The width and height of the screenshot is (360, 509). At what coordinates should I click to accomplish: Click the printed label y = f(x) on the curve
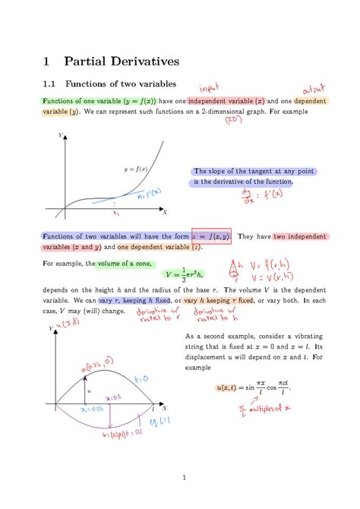[x=137, y=168]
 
